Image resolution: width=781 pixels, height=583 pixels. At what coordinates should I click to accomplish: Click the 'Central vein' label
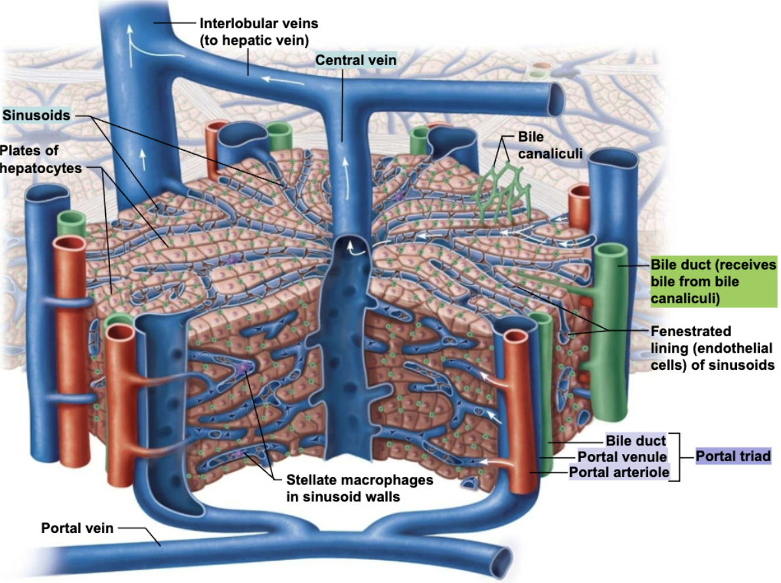tap(356, 61)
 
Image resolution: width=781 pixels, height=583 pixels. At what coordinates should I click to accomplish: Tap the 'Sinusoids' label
tap(37, 116)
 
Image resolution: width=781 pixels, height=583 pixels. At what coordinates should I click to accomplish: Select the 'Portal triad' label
tap(732, 456)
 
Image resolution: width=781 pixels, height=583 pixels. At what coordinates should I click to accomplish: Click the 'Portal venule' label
tap(622, 456)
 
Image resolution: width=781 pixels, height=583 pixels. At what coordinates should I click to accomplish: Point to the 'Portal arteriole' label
tap(619, 472)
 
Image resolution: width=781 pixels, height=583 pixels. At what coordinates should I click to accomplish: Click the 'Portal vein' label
tap(77, 528)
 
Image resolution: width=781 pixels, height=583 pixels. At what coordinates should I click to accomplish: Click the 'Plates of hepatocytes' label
tap(40, 159)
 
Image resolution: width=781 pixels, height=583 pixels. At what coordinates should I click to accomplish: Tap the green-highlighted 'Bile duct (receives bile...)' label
tap(713, 282)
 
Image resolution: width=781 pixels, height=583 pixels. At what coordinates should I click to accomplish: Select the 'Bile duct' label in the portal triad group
tap(635, 441)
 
